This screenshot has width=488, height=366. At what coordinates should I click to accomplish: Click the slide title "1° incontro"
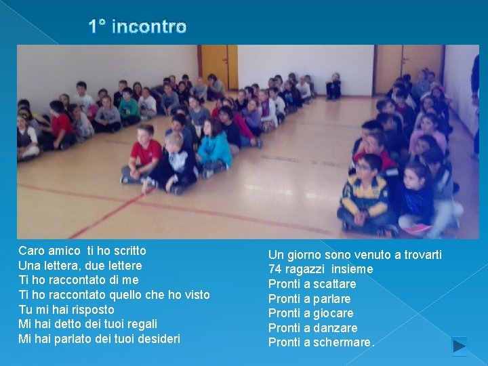[138, 27]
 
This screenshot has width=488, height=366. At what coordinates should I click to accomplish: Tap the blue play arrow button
[460, 345]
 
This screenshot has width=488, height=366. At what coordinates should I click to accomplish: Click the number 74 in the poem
[275, 269]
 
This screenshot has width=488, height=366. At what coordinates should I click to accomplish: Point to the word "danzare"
[335, 328]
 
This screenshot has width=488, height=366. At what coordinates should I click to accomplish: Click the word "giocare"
[333, 313]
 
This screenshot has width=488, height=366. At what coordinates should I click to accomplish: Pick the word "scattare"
[334, 284]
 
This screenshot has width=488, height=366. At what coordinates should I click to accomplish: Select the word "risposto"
[91, 309]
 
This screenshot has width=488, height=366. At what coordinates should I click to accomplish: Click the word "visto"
[195, 294]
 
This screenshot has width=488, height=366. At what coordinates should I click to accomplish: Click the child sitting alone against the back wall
[333, 86]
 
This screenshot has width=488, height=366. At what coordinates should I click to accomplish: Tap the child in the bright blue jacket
[215, 146]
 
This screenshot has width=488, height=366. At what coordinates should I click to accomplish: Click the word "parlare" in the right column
[332, 299]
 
